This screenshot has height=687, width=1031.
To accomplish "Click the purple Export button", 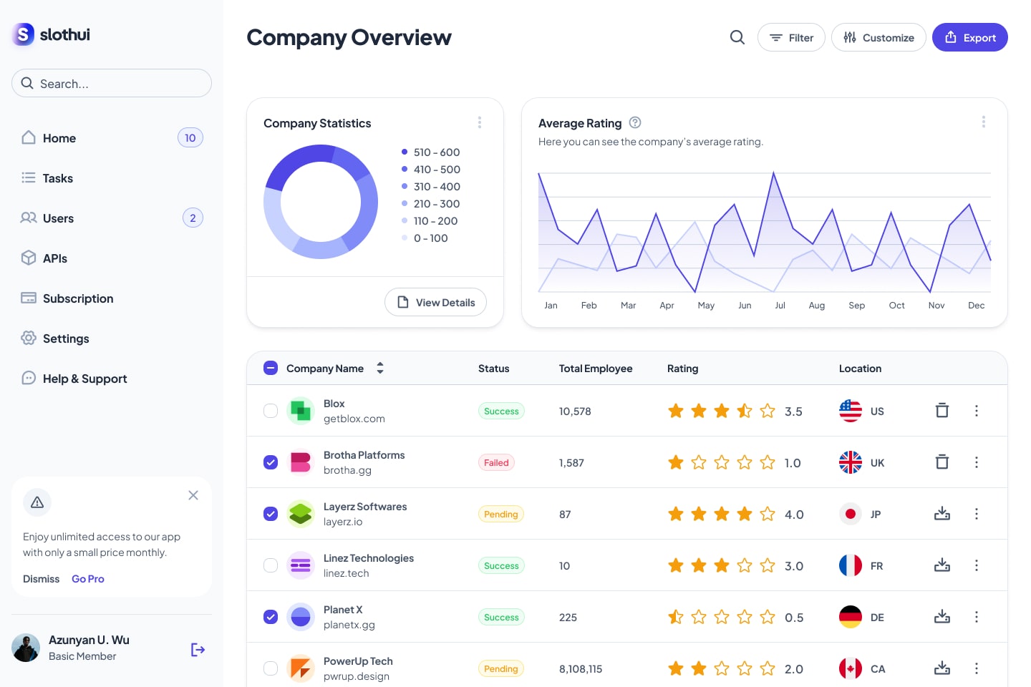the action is [x=969, y=37].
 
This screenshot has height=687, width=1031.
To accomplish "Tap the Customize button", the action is [x=878, y=37].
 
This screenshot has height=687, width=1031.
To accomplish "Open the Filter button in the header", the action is [x=791, y=37].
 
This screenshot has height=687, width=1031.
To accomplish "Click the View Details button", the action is [x=435, y=302].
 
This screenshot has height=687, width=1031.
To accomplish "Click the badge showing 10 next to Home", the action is [x=190, y=137].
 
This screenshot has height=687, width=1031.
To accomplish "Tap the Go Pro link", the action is [x=88, y=579].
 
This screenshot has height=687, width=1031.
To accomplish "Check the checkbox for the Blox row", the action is [x=271, y=411].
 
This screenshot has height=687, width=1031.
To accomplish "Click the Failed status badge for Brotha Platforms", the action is [x=496, y=462].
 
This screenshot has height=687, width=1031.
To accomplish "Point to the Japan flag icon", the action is [x=850, y=514].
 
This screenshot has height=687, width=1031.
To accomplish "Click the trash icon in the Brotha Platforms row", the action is [x=942, y=462].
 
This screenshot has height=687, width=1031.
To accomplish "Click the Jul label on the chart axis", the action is [x=780, y=305].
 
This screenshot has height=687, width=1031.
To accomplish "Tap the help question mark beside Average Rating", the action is [x=635, y=122].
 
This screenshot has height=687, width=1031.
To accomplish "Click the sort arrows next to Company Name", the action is [x=379, y=368].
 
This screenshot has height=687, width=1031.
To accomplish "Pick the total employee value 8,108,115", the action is [x=581, y=668].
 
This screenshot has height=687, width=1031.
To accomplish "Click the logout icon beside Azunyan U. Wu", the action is [x=198, y=650].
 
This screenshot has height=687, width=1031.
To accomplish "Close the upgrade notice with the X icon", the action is [x=193, y=495].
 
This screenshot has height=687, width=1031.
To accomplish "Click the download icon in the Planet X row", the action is [x=942, y=616].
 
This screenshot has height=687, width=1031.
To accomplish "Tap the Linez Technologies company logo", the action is [x=301, y=565].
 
